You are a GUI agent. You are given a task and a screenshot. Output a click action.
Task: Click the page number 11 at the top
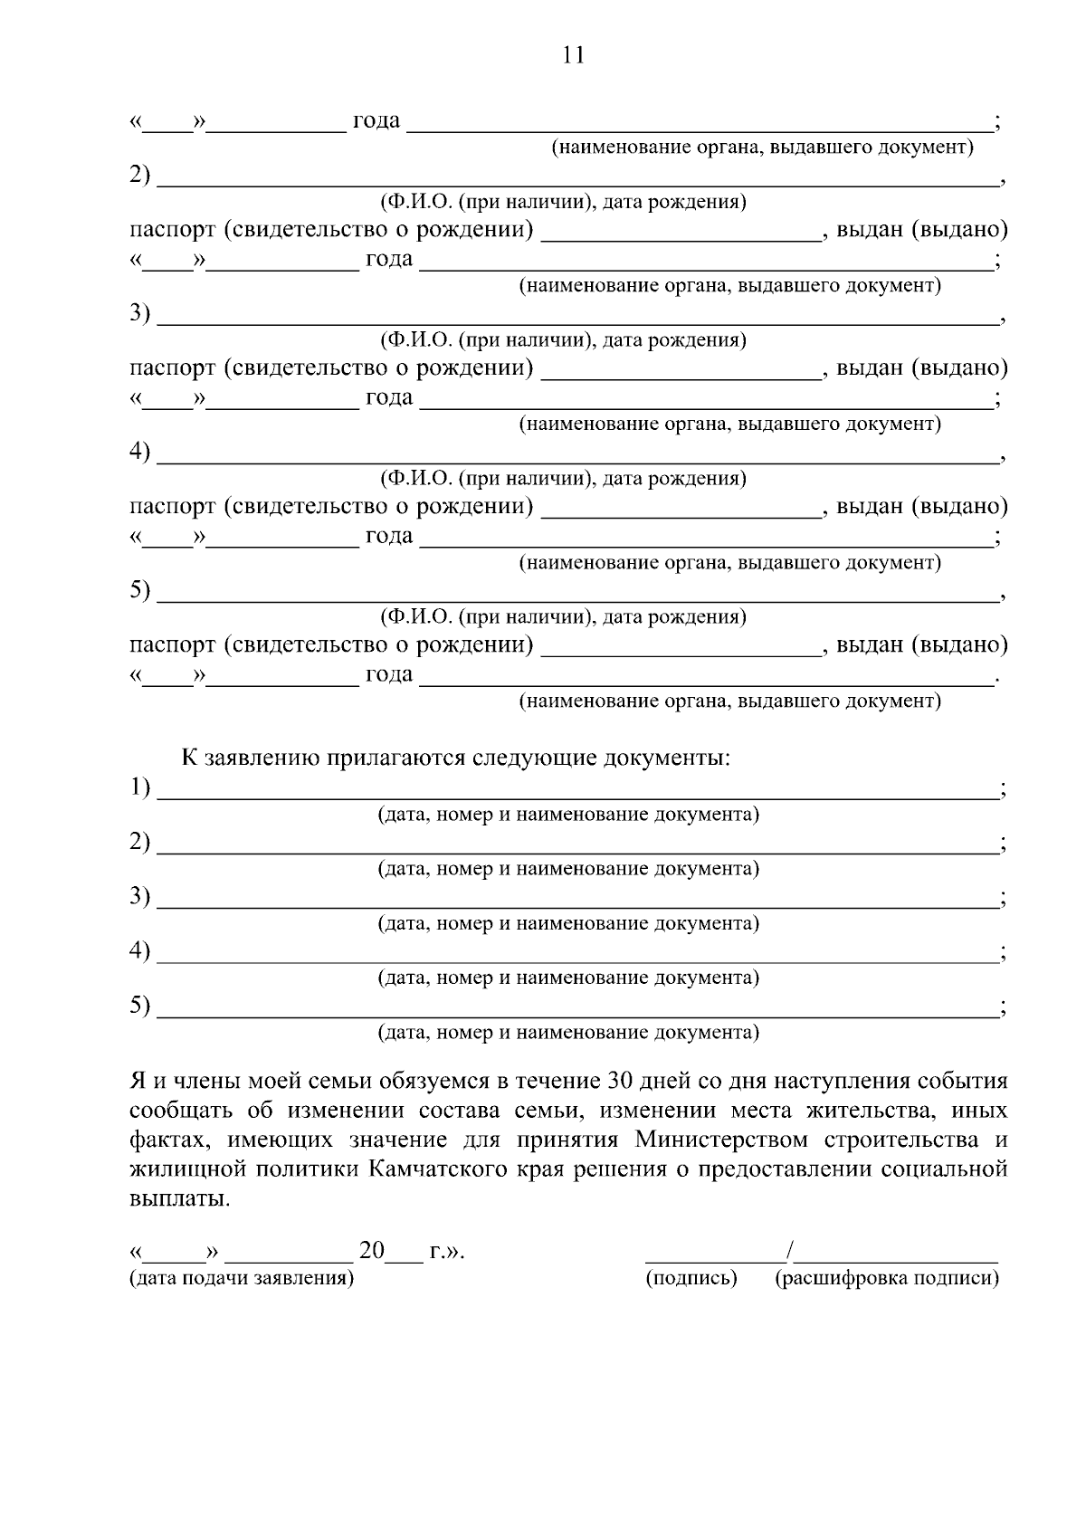click(x=574, y=55)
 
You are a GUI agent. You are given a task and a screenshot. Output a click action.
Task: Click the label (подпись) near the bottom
click(x=691, y=1278)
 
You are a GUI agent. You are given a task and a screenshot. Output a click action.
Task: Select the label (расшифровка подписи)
click(x=887, y=1278)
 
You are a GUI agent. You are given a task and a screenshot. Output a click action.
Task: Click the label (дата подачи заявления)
click(x=242, y=1278)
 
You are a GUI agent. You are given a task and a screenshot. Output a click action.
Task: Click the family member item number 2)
click(x=139, y=175)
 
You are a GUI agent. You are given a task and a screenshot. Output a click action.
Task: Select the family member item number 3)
click(x=139, y=313)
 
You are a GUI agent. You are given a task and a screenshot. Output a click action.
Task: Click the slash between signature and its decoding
click(x=790, y=1252)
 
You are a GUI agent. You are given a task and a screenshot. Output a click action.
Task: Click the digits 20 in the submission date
click(x=372, y=1252)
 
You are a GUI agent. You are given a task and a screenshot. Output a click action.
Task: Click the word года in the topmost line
click(x=376, y=120)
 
